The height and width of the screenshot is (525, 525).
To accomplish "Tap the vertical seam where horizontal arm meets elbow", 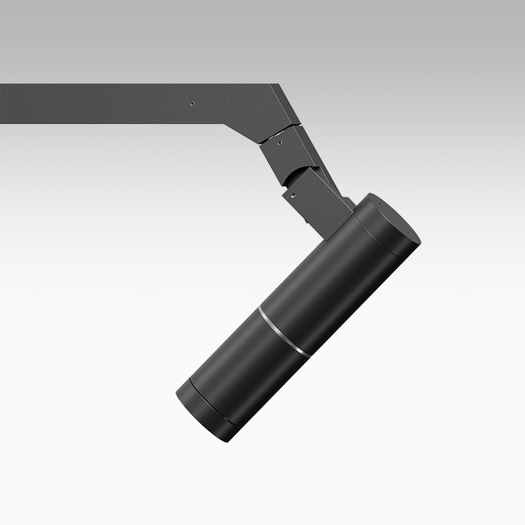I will [x=224, y=105].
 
